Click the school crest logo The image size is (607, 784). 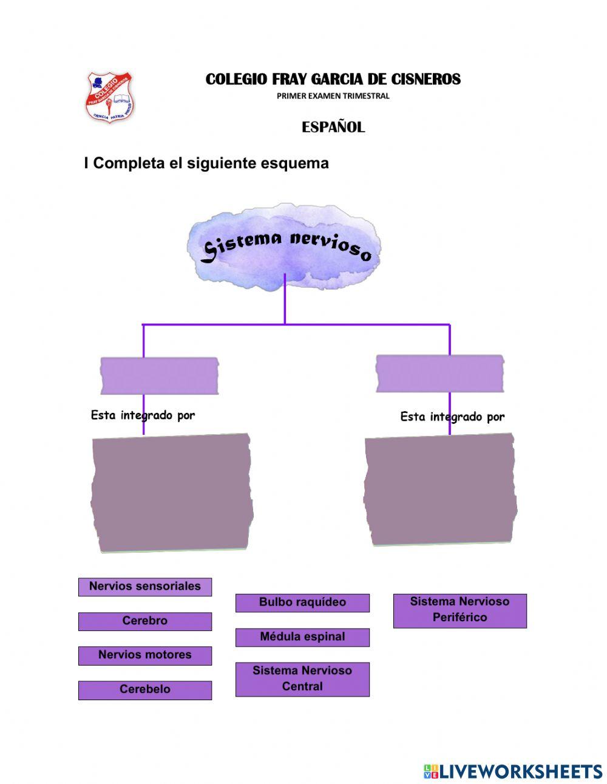109,98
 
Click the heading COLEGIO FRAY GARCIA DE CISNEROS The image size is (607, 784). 333,80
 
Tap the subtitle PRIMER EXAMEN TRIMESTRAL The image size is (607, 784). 333,96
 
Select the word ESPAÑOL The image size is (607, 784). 333,128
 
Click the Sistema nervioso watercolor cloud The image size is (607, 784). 285,247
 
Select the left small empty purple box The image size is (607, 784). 159,376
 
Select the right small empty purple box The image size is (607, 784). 439,373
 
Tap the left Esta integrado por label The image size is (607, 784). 143,415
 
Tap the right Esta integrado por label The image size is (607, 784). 452,417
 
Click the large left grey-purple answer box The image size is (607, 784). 172,493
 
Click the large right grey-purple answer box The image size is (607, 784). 440,489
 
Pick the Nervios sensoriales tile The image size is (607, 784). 144,587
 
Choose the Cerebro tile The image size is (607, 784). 144,621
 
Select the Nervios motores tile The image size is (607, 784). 144,655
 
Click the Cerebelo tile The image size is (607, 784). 144,690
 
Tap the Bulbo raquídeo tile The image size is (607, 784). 302,602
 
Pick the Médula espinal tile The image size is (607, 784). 302,637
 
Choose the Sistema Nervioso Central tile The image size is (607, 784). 302,679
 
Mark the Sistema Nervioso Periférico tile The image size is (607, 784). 459,610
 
